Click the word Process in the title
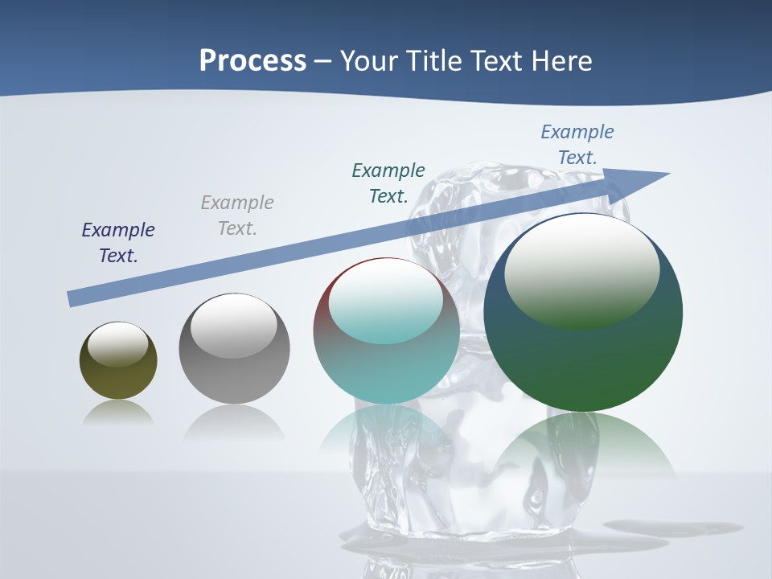point(253,60)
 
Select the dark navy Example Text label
point(118,243)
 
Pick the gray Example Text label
point(237,216)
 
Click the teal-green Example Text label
point(388,183)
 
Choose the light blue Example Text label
point(577,145)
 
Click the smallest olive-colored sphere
point(118,378)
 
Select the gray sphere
point(234,378)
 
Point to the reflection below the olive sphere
point(118,413)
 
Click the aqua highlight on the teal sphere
point(386,306)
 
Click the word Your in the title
point(370,60)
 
